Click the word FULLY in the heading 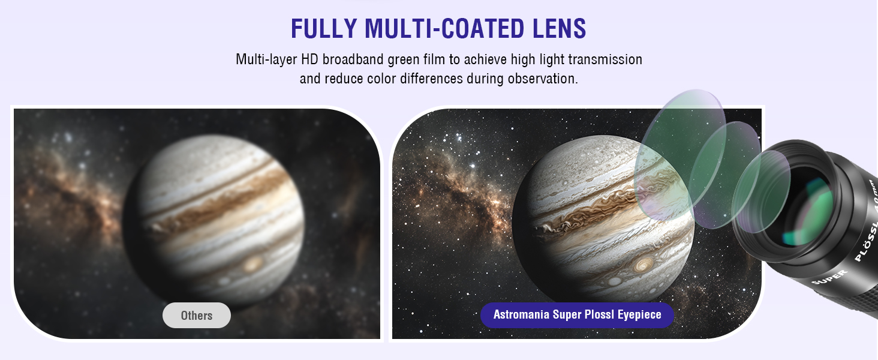[324, 28]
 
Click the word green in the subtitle [404, 60]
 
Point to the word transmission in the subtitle [605, 59]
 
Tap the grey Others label [197, 315]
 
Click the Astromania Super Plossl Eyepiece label [577, 315]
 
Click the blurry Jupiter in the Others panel [214, 220]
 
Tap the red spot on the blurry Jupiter [253, 264]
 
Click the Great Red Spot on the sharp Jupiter [642, 265]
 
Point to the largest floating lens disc [680, 155]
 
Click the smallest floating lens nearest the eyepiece [761, 192]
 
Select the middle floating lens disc [724, 175]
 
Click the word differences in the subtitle [432, 79]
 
